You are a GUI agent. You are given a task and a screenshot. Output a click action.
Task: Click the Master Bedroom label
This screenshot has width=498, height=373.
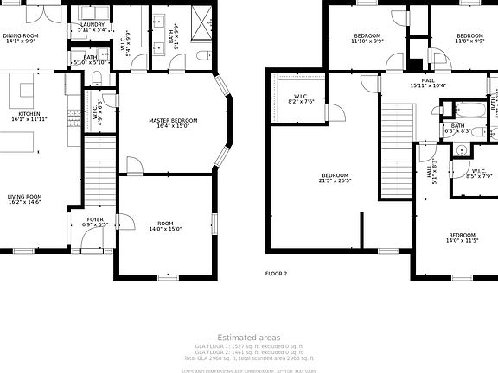pos(173,120)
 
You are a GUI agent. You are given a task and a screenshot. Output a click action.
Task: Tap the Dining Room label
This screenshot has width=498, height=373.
pos(19,35)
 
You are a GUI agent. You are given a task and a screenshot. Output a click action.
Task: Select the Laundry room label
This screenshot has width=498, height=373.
pos(92,25)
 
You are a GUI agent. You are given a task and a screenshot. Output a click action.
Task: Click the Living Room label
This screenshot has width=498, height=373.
pos(24,196)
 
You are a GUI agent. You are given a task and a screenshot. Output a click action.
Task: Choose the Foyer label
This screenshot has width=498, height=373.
pos(95,219)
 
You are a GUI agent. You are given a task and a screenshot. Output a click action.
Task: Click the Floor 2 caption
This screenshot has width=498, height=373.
pos(276,273)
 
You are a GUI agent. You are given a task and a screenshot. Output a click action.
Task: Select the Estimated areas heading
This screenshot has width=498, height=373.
pos(248,337)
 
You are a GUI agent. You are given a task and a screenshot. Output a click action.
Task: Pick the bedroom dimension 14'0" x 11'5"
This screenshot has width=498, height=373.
pos(462,241)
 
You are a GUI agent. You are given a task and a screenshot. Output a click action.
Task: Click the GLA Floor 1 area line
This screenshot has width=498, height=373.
pos(248,345)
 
